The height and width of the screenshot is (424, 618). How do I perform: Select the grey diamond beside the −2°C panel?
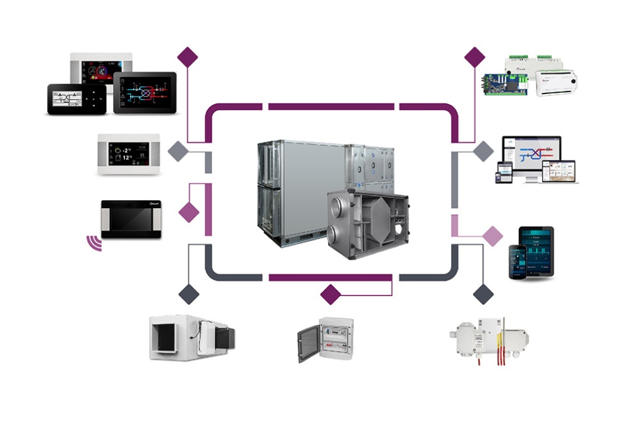click(x=178, y=151)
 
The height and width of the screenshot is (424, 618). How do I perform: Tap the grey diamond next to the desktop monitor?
click(x=483, y=151)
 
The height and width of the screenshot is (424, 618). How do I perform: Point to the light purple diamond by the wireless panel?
click(x=188, y=212)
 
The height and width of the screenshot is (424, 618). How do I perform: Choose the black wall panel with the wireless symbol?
click(x=131, y=219)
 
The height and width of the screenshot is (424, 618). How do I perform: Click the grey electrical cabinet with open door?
click(x=325, y=338)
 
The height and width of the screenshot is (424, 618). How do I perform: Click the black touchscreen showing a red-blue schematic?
click(x=144, y=92)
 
